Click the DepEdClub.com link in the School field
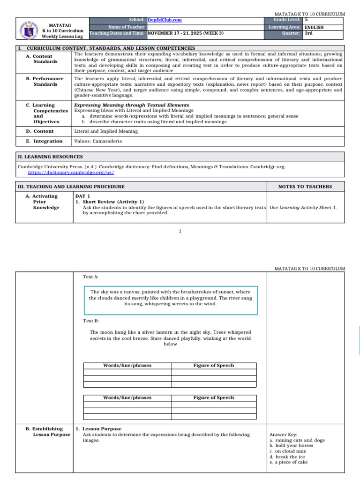point(165,20)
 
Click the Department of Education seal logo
point(29,30)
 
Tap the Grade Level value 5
point(306,20)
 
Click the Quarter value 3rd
point(308,33)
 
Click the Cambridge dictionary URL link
point(71,172)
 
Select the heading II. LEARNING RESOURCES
point(50,157)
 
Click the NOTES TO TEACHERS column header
point(305,187)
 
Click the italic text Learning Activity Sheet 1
point(308,207)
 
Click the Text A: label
point(90,277)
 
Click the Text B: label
point(90,321)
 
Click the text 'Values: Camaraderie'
point(98,141)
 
